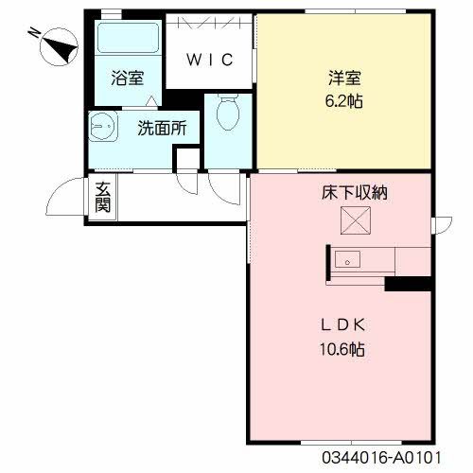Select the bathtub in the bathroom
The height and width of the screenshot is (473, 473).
[129, 40]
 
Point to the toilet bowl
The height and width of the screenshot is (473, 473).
[227, 114]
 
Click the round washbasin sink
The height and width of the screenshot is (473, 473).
[100, 124]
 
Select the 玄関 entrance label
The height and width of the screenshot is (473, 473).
[100, 197]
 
